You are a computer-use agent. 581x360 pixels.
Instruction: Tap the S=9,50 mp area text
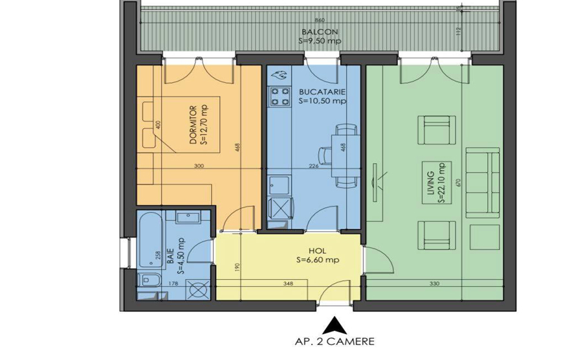320,41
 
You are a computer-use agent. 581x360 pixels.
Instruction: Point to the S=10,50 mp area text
322,101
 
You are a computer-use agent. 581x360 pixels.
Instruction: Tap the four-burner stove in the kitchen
280,95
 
